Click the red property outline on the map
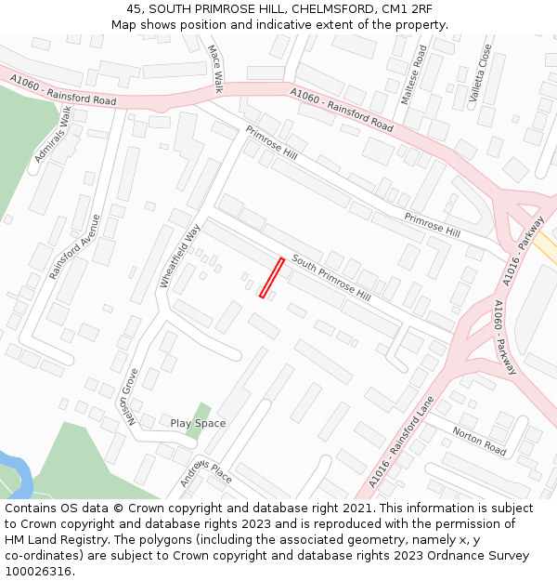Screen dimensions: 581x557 coord(271,278)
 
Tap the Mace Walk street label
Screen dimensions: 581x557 coord(215,69)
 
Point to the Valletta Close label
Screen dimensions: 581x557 coord(480,72)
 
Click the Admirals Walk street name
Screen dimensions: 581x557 coord(53,136)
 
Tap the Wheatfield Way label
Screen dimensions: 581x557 coord(180,256)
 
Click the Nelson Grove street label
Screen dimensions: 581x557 coord(129,396)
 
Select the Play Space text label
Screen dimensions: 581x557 coord(198,424)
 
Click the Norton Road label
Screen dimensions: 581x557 coord(479,440)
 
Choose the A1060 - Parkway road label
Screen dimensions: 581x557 coord(505,337)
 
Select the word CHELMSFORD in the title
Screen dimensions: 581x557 coord(312,8)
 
